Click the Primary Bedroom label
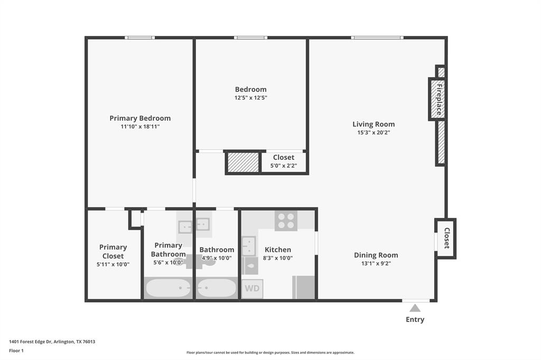[140, 118]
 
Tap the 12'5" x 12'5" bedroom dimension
[251, 98]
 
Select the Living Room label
[374, 124]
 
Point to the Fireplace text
[438, 99]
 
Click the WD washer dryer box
[252, 289]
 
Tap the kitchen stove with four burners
[286, 220]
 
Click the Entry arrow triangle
[415, 308]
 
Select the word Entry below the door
[415, 319]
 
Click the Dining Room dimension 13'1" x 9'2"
[376, 263]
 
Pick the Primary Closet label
[113, 251]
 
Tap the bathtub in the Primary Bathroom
[169, 288]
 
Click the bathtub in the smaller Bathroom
[217, 288]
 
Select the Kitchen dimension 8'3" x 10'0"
[278, 258]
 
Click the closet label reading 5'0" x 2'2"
[284, 166]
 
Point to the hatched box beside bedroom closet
[243, 163]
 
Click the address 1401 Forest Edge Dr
[52, 342]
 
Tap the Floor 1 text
[16, 350]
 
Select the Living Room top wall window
[377, 37]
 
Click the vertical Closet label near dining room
[446, 238]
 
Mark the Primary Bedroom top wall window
[140, 37]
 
